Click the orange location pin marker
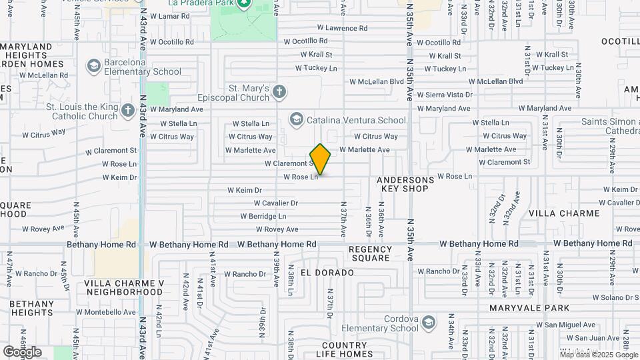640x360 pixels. point(320,159)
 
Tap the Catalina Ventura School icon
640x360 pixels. point(296,120)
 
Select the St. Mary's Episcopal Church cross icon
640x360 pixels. point(279,92)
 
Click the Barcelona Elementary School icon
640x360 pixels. point(93,66)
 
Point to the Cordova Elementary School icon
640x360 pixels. point(428,323)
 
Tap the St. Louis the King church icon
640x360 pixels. point(129,111)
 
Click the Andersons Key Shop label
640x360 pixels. point(405,184)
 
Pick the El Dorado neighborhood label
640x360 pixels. point(327,273)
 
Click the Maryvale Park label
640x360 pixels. point(529,308)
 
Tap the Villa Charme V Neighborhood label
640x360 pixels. point(124,287)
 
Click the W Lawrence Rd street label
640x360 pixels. point(342,28)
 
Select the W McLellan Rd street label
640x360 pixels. point(43,75)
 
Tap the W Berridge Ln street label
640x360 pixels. point(263,217)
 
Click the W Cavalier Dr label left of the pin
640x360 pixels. point(275,203)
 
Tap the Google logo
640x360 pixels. point(22,351)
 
